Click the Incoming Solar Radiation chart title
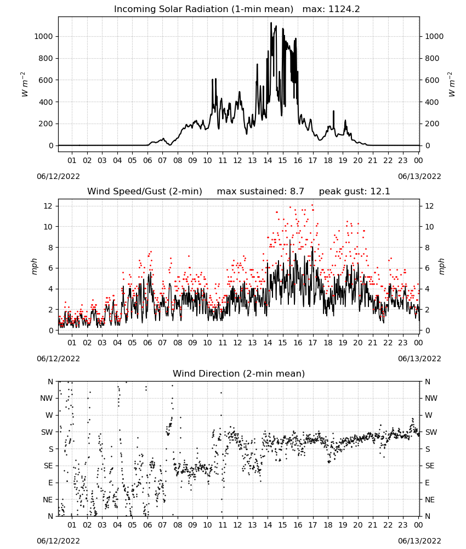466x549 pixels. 203,9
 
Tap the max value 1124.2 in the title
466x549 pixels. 344,9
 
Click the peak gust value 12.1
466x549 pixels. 379,191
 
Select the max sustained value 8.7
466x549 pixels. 297,191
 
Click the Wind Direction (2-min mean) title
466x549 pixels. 239,373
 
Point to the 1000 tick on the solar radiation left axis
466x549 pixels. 43,36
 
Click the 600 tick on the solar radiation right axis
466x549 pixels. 432,80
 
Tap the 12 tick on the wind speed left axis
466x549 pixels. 48,206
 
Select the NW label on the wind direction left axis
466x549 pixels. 47,399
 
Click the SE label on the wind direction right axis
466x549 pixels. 430,466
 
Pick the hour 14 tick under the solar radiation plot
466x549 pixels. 268,160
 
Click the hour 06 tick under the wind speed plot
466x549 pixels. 147,343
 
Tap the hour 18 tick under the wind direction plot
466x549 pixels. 327,525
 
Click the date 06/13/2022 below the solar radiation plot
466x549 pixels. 419,176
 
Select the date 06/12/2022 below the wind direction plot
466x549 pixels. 58,541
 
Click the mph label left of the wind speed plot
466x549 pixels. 34,266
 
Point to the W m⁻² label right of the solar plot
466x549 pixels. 452,84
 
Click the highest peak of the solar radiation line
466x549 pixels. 271,23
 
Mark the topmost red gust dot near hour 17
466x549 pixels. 312,205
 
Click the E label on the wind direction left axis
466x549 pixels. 50,483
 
